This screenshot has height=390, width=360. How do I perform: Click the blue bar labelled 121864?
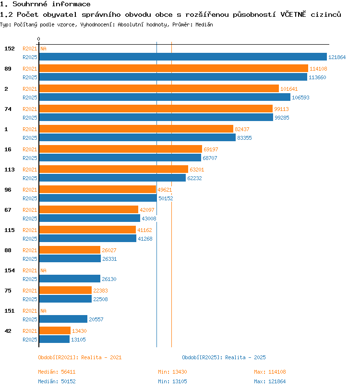[x=183, y=57]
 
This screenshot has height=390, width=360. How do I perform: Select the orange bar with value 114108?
[x=174, y=68]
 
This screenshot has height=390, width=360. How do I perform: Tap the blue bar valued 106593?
[x=165, y=97]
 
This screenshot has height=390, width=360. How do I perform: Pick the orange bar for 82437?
[x=136, y=129]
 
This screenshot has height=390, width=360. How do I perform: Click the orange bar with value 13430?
[x=55, y=330]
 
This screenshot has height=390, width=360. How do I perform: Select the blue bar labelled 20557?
[x=63, y=319]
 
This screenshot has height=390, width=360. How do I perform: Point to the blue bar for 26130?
[x=70, y=279]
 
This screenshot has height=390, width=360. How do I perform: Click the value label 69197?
[x=211, y=149]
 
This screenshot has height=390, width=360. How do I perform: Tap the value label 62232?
[x=194, y=178]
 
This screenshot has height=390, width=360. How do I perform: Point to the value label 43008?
[x=149, y=219]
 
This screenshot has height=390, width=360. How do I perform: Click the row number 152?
[x=10, y=49]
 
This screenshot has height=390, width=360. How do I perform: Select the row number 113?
[x=10, y=170]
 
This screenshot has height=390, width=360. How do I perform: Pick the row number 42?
[x=8, y=331]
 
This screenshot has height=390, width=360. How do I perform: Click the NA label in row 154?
[x=44, y=270]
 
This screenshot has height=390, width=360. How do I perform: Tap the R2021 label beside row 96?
[x=30, y=190]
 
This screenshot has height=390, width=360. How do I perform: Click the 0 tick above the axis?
[x=38, y=39]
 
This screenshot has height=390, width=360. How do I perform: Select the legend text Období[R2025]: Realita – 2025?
[x=224, y=357]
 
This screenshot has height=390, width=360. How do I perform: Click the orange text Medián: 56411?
[x=57, y=372]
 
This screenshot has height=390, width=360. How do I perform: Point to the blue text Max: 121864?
[x=270, y=381]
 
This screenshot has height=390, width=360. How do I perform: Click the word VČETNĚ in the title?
[x=293, y=14]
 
